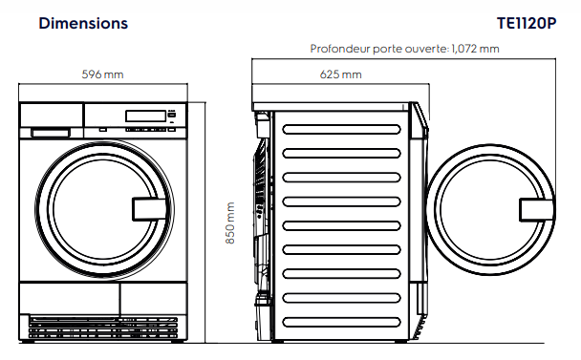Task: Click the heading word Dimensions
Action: (x=82, y=23)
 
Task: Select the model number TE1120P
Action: (x=526, y=23)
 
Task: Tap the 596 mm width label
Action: (x=102, y=74)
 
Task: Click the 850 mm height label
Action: (x=229, y=222)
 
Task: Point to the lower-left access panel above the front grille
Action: (x=70, y=296)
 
